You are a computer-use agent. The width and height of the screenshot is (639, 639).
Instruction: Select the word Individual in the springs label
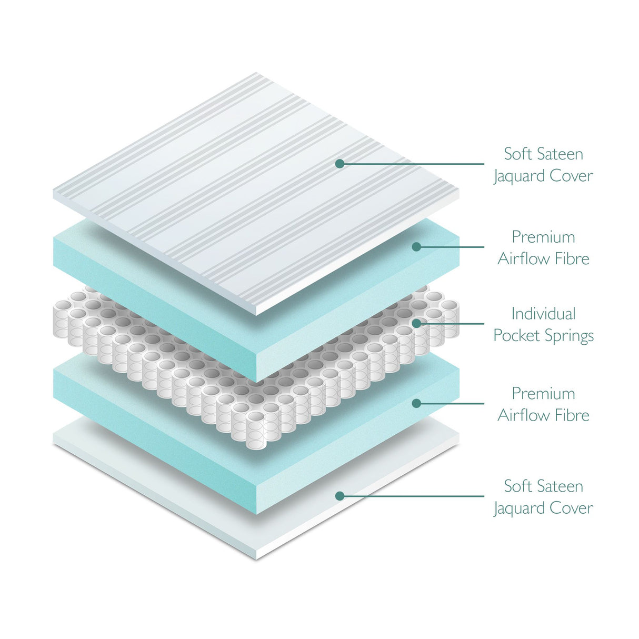[x=543, y=314]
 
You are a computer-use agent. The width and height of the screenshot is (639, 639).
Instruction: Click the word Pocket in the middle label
[x=516, y=336]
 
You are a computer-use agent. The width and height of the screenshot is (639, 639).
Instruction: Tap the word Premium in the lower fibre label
[x=543, y=394]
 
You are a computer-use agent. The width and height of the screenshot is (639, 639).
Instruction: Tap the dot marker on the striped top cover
[x=340, y=164]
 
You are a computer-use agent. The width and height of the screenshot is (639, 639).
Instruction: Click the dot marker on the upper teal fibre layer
[x=416, y=246]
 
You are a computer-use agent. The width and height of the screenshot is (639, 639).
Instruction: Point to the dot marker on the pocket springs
[x=416, y=323]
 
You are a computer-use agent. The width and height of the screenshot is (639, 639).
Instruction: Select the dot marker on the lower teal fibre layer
[x=416, y=403]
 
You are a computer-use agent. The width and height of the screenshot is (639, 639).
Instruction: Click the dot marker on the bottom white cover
[x=340, y=496]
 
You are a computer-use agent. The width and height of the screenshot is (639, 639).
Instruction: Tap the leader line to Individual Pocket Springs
[x=453, y=323]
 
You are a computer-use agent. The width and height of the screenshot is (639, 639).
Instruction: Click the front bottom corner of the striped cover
[x=256, y=314]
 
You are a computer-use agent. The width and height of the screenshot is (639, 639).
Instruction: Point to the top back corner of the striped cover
[x=256, y=73]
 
